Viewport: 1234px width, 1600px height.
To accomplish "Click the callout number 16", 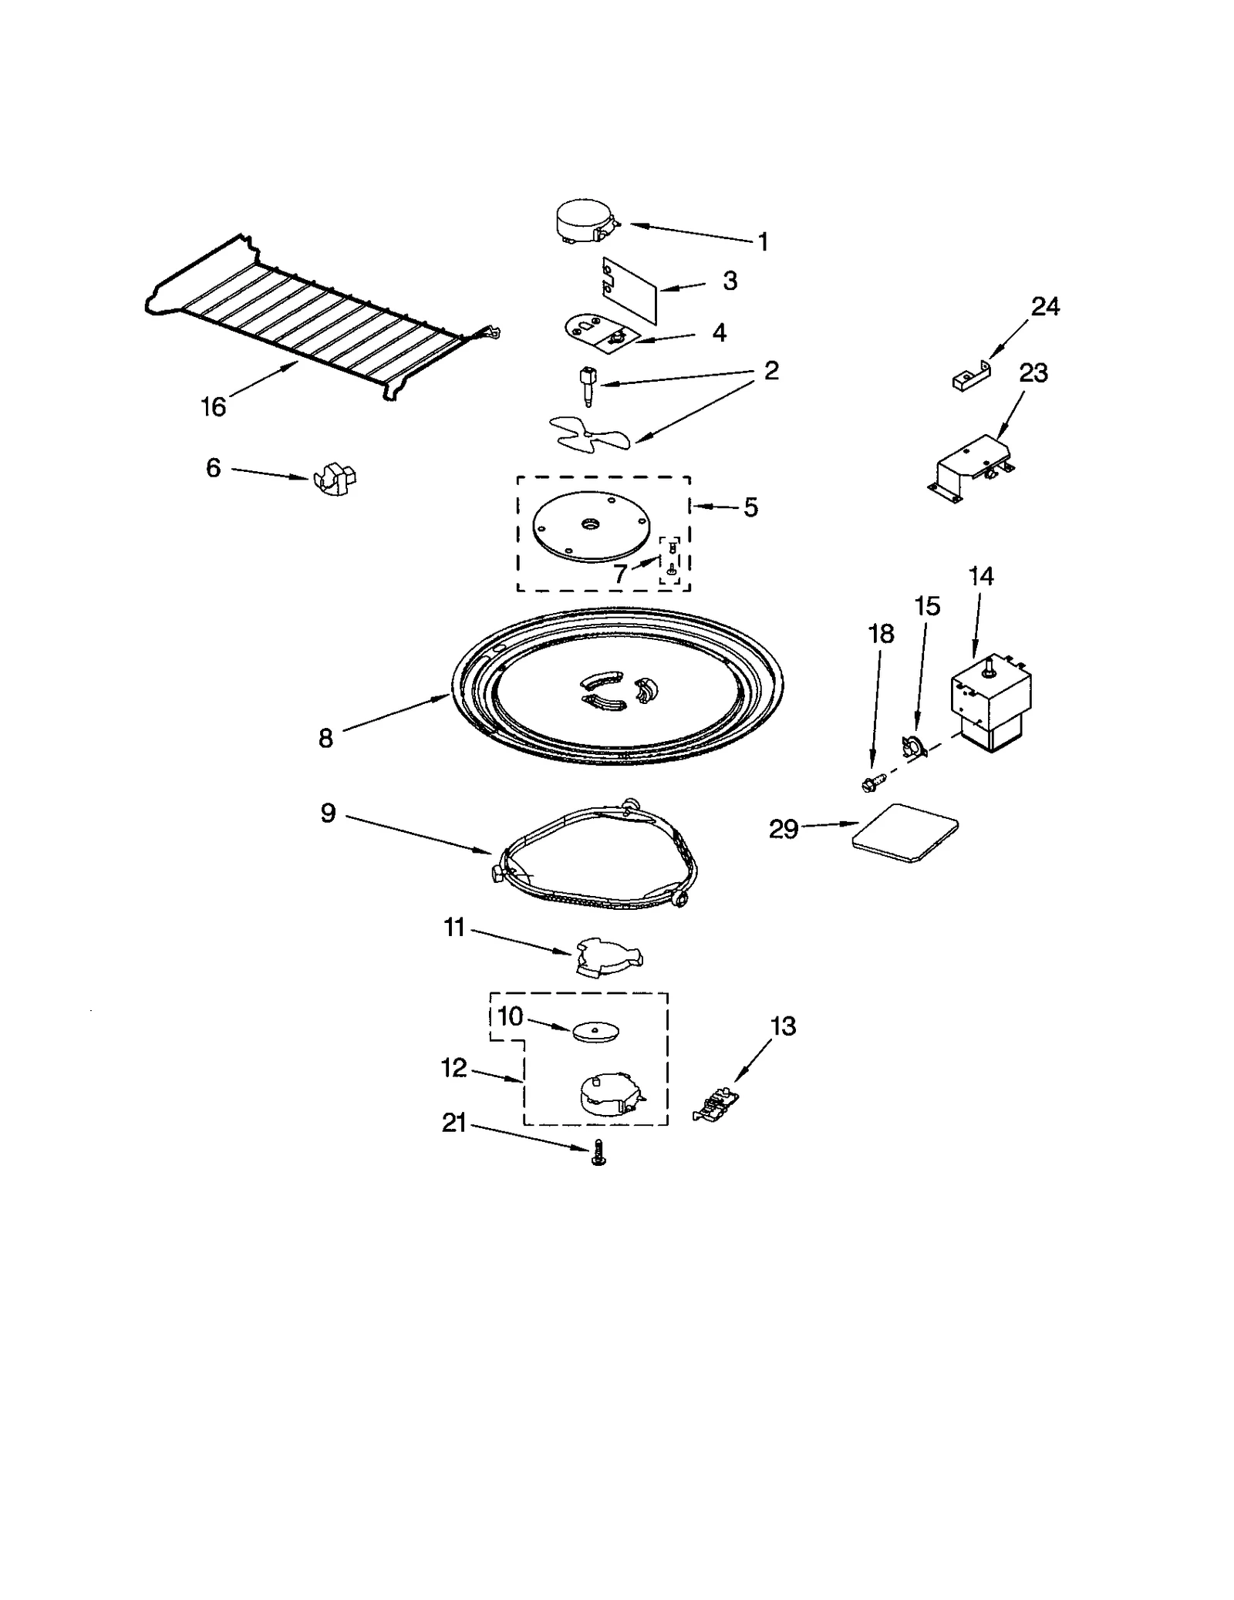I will [x=214, y=406].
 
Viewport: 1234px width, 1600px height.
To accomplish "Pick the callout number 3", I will [x=730, y=281].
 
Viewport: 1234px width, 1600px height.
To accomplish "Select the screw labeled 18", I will [x=872, y=783].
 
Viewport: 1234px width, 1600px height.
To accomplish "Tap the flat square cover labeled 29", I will [x=905, y=834].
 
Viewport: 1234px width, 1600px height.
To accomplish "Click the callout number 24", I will [x=1045, y=307].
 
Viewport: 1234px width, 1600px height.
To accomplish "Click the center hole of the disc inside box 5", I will [x=590, y=524].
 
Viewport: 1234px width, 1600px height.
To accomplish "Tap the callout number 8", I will [x=325, y=739].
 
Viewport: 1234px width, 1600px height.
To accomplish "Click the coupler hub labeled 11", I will [x=608, y=956].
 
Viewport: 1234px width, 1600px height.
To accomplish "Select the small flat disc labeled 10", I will [x=596, y=1031].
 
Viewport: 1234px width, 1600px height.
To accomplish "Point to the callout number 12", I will [x=454, y=1068].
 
